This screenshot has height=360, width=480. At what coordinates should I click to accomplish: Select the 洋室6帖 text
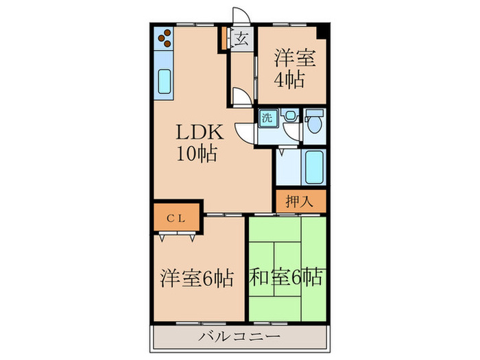pyautogui.click(x=197, y=278)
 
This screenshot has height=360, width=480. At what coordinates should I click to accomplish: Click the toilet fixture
pyautogui.click(x=315, y=122)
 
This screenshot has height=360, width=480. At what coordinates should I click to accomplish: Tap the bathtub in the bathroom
pyautogui.click(x=314, y=167)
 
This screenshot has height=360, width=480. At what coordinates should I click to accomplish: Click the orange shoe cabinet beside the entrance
pyautogui.click(x=222, y=39)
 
